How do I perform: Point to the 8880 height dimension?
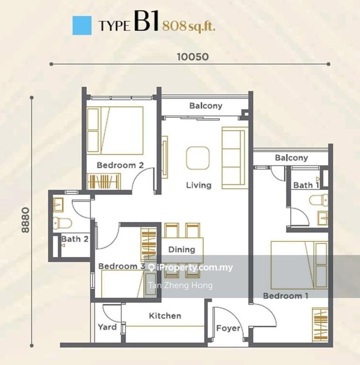click(x=25, y=220)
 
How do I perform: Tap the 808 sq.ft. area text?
click(x=189, y=26)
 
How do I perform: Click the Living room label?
click(x=199, y=185)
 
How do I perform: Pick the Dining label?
click(x=182, y=250)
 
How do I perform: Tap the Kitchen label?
click(x=165, y=316)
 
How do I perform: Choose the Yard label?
click(x=107, y=327)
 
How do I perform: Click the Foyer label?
click(x=228, y=328)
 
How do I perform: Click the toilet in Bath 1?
click(x=316, y=200)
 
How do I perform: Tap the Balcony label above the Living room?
click(x=206, y=106)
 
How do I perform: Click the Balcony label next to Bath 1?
click(x=292, y=158)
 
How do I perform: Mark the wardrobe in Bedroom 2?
click(x=103, y=182)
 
